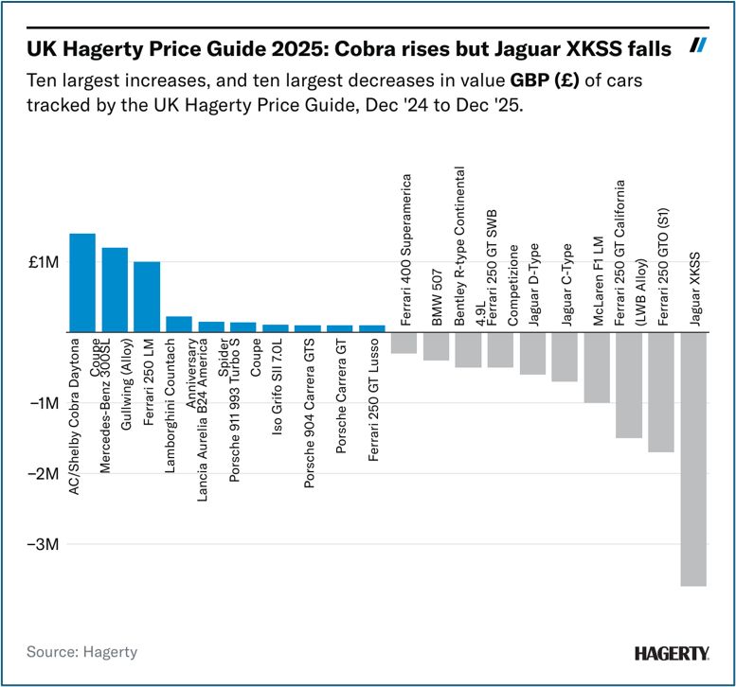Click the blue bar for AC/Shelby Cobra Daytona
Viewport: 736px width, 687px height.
82,283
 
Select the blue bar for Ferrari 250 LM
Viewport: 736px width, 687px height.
147,297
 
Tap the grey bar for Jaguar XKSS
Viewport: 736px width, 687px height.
693,459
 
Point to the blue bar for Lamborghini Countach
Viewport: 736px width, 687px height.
179,325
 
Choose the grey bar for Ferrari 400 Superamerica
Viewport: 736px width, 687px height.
404,343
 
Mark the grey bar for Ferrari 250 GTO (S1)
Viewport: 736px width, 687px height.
661,392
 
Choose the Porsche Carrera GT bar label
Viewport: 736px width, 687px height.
340,401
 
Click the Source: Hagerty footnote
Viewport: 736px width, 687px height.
81,652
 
